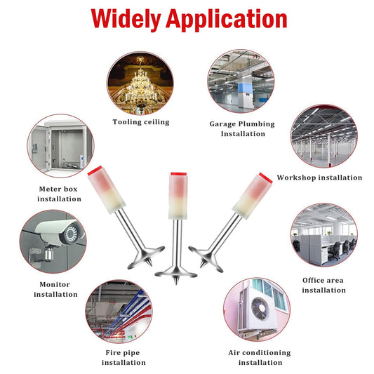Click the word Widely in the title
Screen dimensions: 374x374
[126, 20]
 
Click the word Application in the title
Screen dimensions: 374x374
[227, 20]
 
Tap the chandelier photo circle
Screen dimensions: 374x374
[140, 84]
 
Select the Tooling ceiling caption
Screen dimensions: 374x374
[141, 122]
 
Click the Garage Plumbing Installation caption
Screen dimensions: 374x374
[242, 129]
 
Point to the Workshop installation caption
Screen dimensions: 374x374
[319, 178]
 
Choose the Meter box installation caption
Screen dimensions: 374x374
[59, 194]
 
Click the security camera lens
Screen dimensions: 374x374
[71, 233]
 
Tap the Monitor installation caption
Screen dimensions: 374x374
[55, 289]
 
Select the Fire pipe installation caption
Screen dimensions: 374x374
[123, 358]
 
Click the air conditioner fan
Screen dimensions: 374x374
[260, 309]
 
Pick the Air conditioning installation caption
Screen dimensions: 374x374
[260, 358]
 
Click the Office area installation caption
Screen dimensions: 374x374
[323, 286]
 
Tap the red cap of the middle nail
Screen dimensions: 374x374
[179, 174]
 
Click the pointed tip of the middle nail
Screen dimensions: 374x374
[176, 284]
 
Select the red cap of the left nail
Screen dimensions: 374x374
[95, 171]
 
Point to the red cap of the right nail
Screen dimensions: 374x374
[266, 178]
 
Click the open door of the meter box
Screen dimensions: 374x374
[38, 148]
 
